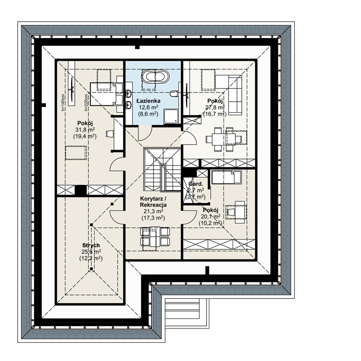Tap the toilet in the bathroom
coord(173,94)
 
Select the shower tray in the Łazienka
coord(171,116)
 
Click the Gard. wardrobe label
coord(196,184)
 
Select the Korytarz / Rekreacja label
coord(153,202)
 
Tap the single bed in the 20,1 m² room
coord(226,177)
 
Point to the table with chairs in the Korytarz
coord(155,236)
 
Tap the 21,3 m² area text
coord(153,211)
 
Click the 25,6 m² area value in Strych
coord(91,252)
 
